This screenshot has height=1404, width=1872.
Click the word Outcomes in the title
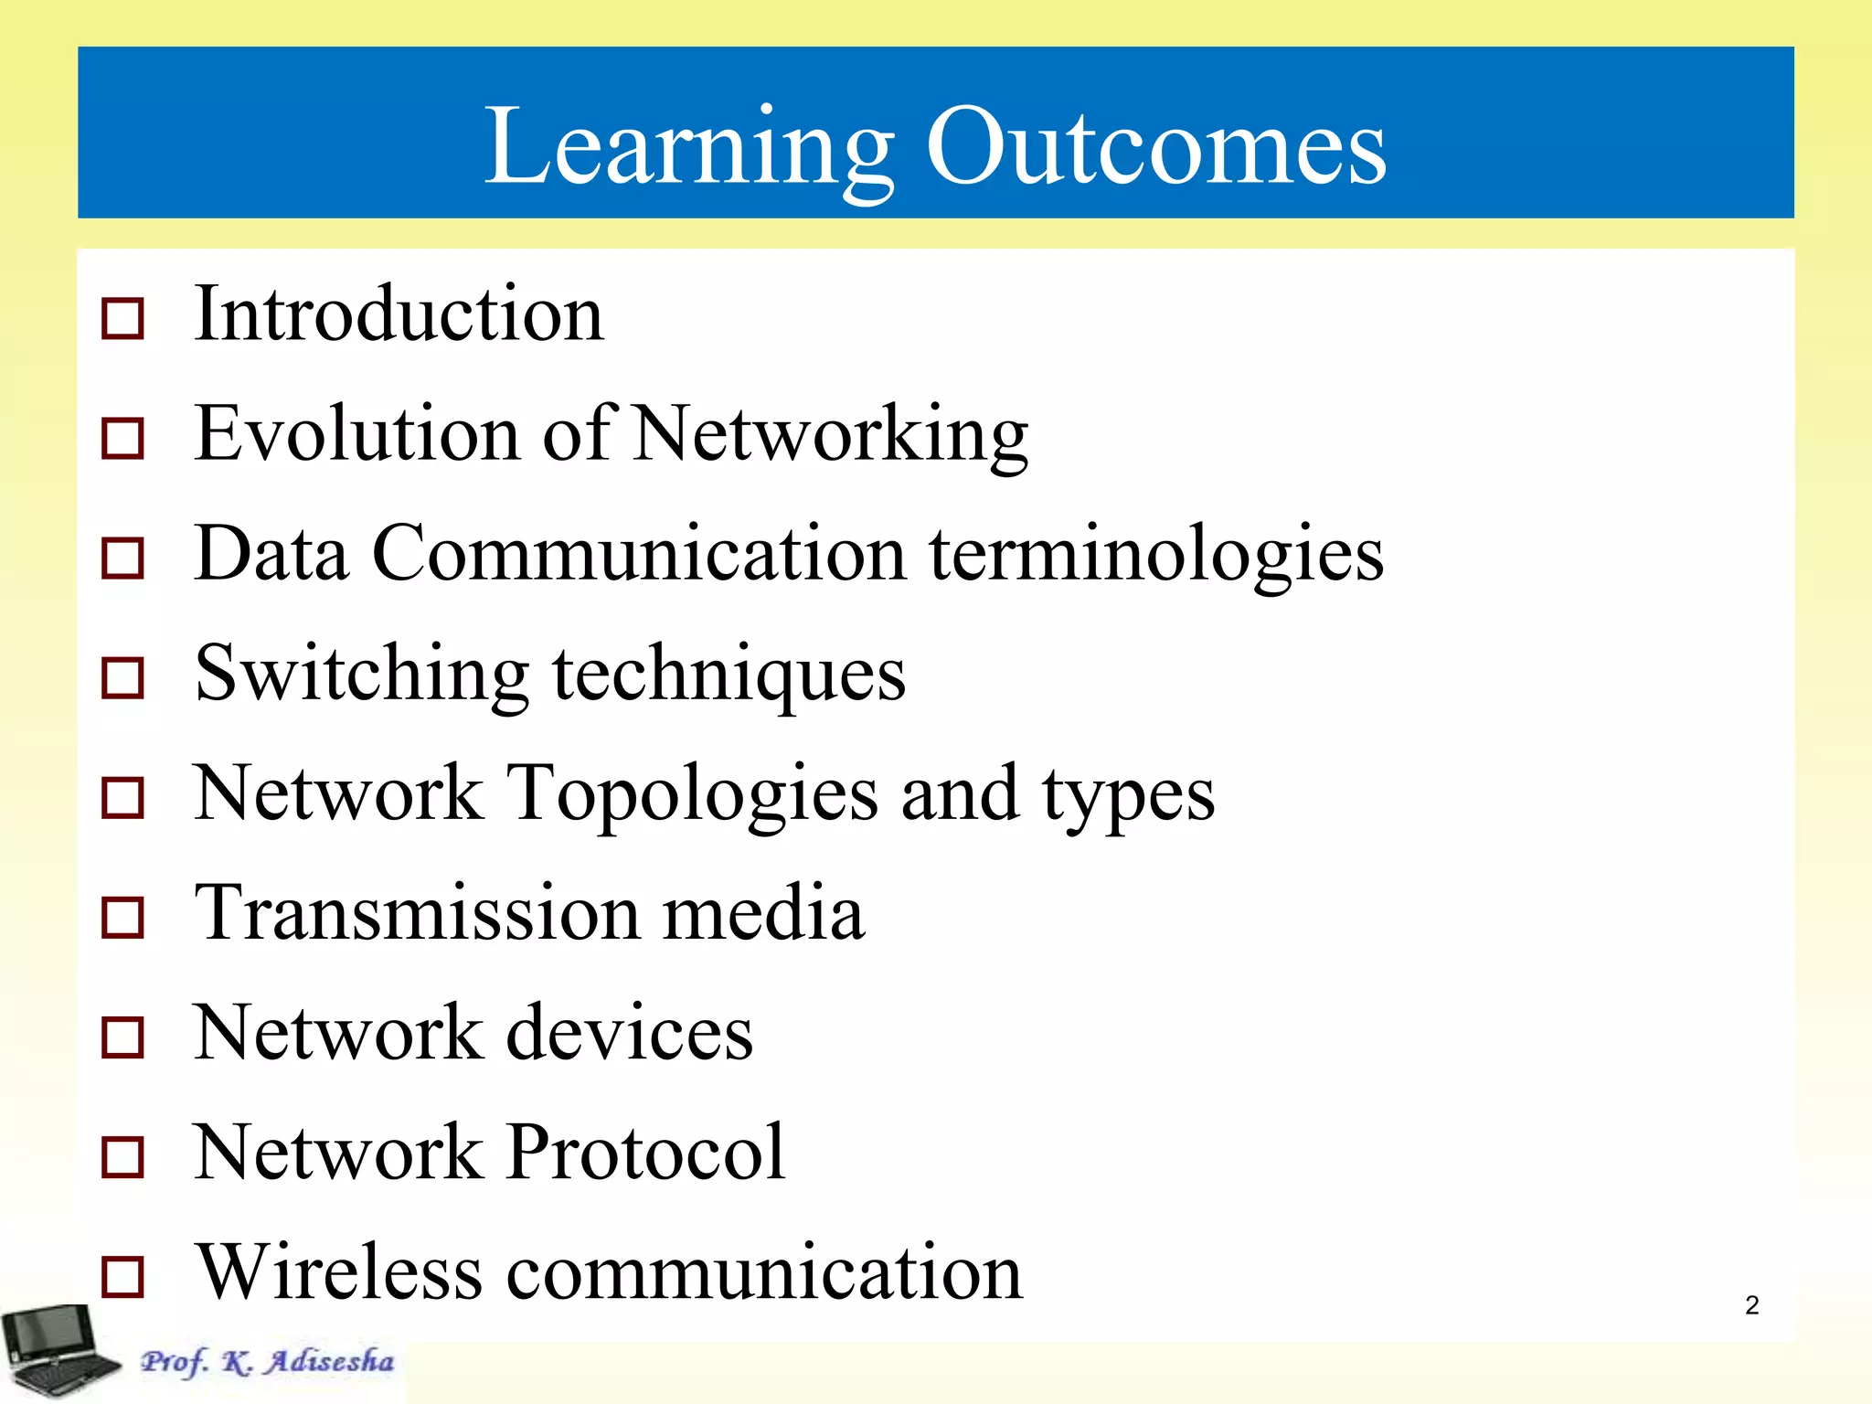coord(1156,146)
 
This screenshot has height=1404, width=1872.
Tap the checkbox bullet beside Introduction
coord(122,319)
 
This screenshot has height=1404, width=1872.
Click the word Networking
coord(831,435)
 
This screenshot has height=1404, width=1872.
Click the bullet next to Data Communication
coord(122,558)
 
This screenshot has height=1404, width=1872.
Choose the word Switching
coord(362,675)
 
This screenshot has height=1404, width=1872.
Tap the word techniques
coord(729,675)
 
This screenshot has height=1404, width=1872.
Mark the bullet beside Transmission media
coord(122,917)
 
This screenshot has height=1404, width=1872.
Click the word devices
coord(630,1033)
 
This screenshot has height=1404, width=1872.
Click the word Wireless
coord(339,1272)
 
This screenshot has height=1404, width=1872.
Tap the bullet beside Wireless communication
coord(122,1277)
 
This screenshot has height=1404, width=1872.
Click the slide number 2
coord(1751,1305)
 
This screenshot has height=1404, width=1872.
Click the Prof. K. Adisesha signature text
coord(267,1362)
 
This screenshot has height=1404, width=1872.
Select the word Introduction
coord(399,314)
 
